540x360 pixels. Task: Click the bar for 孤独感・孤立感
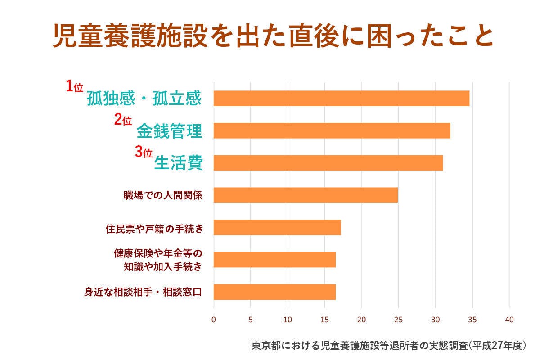tap(341, 98)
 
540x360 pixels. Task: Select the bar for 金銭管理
tap(332, 130)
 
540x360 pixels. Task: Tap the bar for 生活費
tap(328, 162)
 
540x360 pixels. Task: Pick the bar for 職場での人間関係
tap(306, 195)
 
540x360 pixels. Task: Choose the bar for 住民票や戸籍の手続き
tap(277, 227)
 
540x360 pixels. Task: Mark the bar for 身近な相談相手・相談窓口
tap(274, 292)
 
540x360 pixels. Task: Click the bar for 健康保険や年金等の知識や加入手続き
tap(274, 260)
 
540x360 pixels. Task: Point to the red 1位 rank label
tap(75, 87)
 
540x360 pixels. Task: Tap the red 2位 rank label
tap(122, 120)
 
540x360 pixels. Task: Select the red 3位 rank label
tap(144, 152)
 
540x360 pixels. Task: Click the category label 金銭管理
tap(169, 131)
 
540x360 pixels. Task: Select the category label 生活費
tap(178, 163)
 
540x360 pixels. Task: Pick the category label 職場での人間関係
tap(162, 196)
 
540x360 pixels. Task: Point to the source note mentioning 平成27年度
tap(388, 346)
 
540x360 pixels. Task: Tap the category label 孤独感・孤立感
tap(144, 99)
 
